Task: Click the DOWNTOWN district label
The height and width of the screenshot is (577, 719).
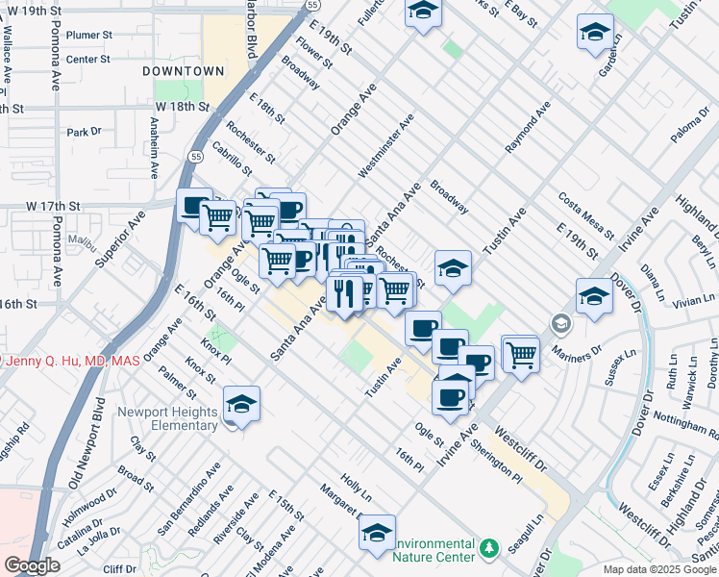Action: click(x=183, y=71)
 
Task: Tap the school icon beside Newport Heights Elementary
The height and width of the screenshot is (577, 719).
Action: click(x=241, y=405)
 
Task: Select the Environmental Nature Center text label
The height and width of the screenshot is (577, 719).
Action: click(x=435, y=550)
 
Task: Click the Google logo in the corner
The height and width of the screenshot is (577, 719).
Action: click(x=32, y=565)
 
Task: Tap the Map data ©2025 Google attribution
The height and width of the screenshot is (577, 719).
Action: click(x=659, y=569)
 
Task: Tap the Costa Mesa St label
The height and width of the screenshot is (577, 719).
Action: click(x=585, y=214)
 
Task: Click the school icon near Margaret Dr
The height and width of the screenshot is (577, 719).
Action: click(x=377, y=532)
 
